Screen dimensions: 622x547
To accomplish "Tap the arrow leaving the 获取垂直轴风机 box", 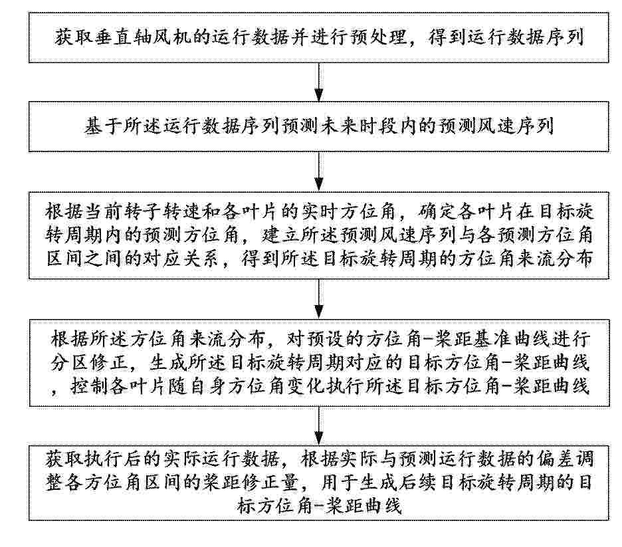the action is click(319, 82).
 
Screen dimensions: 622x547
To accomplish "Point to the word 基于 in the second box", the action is click(102, 126).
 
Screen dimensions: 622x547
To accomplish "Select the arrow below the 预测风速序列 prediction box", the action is click(319, 171).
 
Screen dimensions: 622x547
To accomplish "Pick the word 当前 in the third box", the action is click(103, 211).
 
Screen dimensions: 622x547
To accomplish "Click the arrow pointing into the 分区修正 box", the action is click(319, 300).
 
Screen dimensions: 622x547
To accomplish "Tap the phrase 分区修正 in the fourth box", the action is click(89, 363).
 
